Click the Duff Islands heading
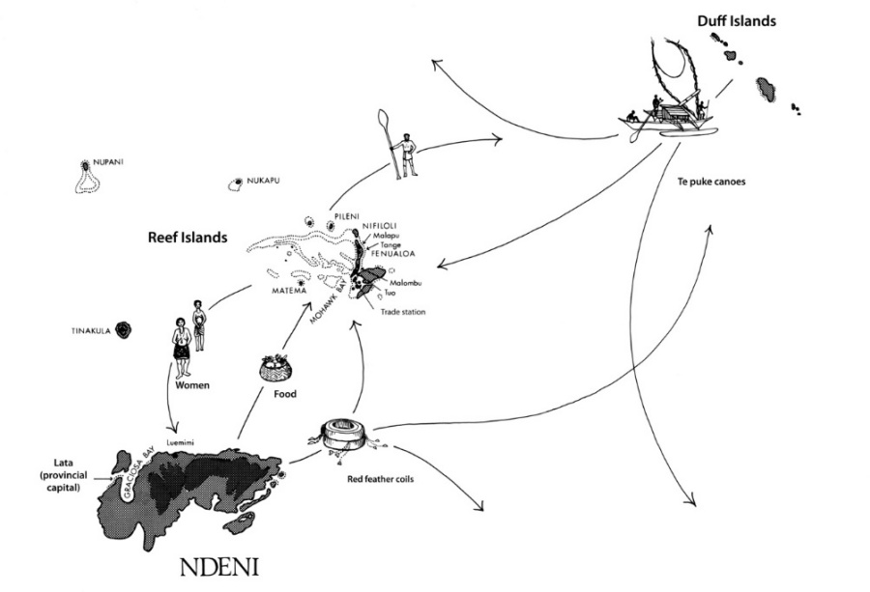pos(736,20)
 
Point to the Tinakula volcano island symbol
pos(123,330)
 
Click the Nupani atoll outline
pos(85,177)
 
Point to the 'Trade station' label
pos(403,311)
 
